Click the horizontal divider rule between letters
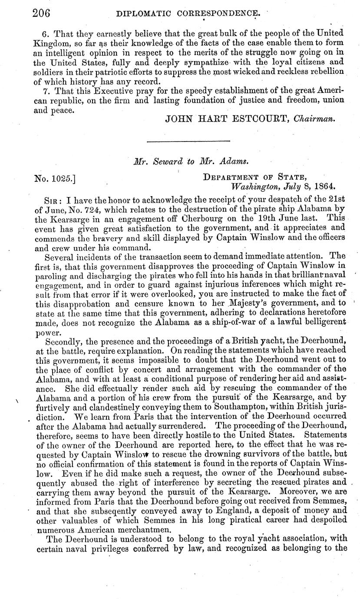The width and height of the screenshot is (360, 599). pyautogui.click(x=188, y=141)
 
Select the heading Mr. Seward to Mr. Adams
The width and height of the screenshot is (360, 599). pyautogui.click(x=191, y=162)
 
